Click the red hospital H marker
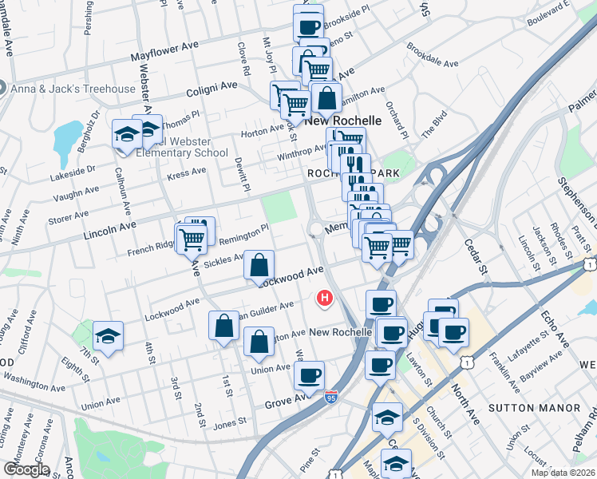pos(325,299)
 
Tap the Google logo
pos(26,469)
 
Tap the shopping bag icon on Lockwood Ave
pos(259,265)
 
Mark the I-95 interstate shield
pos(330,396)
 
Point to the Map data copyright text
pos(563,473)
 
